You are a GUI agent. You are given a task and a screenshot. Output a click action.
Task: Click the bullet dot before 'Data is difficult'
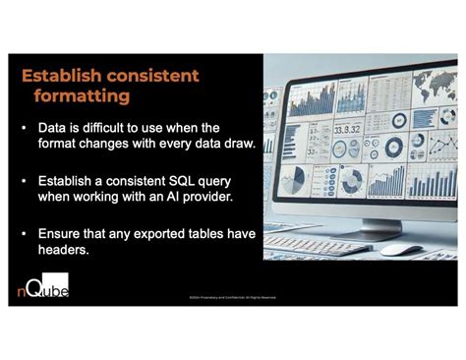(25, 128)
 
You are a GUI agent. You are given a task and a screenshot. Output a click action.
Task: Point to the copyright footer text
(232, 296)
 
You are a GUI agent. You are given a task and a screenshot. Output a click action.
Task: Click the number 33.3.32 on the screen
(348, 129)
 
